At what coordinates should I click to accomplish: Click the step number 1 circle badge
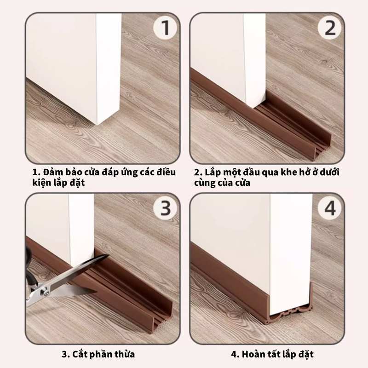point(165,28)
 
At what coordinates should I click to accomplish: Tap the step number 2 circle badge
point(329,28)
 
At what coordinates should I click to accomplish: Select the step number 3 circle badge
point(165,208)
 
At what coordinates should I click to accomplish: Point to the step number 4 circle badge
point(329,208)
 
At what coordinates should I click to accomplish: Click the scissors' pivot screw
point(45,292)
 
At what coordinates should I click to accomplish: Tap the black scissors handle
point(29,265)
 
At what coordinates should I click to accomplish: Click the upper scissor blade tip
point(109,255)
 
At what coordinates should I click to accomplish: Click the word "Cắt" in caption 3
point(79,354)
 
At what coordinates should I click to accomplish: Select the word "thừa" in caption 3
point(124,354)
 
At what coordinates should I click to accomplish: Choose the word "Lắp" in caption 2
point(213,172)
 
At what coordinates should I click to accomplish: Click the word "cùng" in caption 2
point(203,183)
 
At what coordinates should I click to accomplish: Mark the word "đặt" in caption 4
point(306,354)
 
